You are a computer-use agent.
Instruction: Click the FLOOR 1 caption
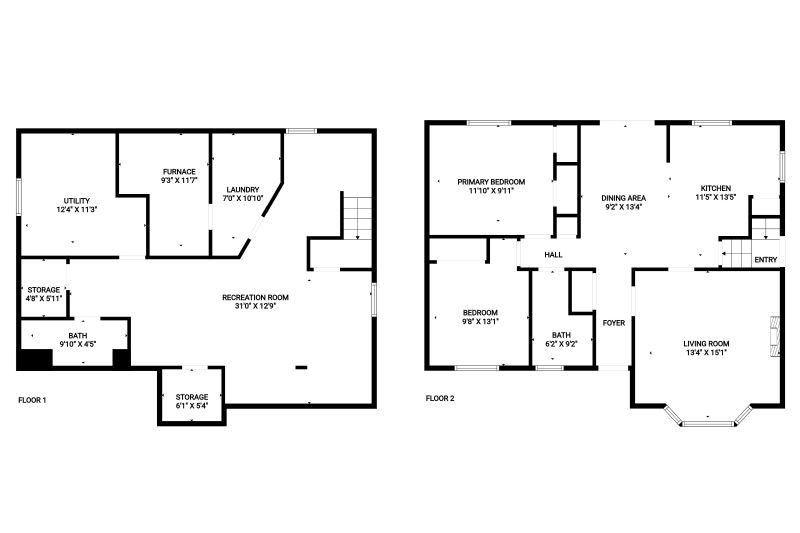32,400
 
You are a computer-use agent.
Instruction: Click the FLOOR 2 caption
440,398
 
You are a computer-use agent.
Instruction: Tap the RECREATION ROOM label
256,297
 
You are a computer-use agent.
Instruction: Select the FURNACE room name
179,171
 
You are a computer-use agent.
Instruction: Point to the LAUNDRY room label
243,189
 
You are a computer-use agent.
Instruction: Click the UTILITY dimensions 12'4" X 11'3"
77,209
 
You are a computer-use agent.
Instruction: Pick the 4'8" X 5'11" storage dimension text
44,298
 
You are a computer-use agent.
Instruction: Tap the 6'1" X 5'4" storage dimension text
192,405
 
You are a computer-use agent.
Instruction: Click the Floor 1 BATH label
78,336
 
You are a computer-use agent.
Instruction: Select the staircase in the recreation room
357,218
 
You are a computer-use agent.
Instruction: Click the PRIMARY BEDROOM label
491,182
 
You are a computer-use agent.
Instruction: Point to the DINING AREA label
623,198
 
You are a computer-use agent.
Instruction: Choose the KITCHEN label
716,188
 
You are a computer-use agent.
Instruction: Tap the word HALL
554,255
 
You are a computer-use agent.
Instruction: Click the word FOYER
614,323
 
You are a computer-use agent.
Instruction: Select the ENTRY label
766,260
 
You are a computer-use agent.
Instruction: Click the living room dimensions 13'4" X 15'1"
706,352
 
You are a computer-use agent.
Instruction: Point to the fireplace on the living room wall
776,336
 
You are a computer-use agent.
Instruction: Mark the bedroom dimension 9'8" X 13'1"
480,321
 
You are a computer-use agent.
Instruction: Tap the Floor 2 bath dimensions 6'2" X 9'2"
561,344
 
